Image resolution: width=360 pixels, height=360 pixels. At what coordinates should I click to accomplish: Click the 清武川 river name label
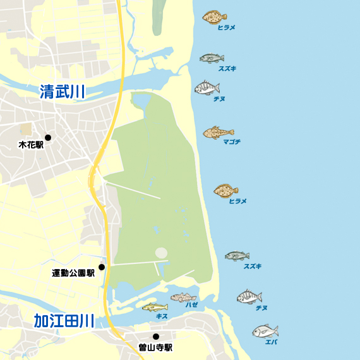[x=62, y=92]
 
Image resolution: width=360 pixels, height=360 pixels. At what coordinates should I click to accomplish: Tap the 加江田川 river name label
[x=64, y=321]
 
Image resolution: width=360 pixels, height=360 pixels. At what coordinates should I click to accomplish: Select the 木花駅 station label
[x=31, y=145]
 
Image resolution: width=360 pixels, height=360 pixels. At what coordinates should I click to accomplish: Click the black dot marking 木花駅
[x=48, y=138]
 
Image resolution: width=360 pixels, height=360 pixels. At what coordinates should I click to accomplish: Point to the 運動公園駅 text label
[x=73, y=273]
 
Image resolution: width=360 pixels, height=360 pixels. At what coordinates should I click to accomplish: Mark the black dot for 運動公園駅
[x=101, y=267]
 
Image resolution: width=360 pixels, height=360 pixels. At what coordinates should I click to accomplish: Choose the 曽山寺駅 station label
[x=155, y=347]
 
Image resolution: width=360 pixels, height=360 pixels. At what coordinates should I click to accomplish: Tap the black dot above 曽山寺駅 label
[x=155, y=337]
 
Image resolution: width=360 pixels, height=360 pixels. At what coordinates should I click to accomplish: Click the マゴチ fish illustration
[x=214, y=133]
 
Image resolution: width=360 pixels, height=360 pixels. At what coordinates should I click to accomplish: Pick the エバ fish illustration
[x=265, y=331]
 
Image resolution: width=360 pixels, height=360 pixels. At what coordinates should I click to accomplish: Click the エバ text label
[x=271, y=342]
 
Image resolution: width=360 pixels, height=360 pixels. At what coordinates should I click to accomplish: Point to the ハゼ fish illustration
[x=183, y=297]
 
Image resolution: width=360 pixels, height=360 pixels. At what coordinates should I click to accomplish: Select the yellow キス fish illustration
[x=154, y=308]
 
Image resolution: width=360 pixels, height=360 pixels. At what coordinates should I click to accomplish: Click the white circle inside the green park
[x=162, y=253]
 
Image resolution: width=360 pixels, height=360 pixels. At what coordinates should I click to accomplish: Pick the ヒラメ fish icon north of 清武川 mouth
[x=214, y=17]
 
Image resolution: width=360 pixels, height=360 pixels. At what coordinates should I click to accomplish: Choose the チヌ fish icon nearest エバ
[x=249, y=296]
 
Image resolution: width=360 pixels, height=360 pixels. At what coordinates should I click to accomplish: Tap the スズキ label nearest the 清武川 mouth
[x=227, y=68]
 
